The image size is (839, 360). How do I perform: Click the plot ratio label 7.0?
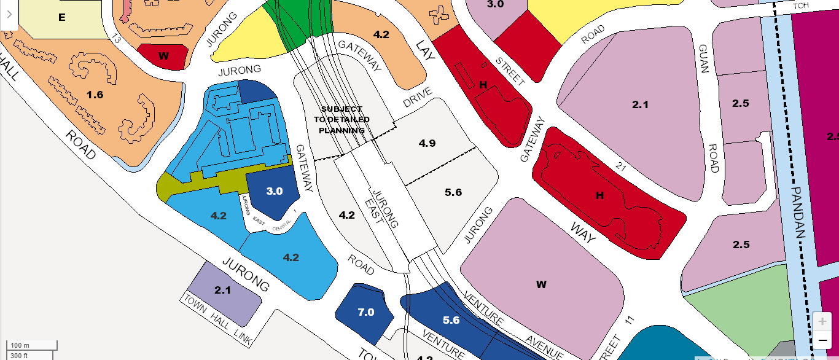(x=365, y=312)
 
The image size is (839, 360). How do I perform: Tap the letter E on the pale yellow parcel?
(x=61, y=17)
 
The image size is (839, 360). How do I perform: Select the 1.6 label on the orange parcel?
(x=95, y=95)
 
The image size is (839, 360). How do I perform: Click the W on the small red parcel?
(x=163, y=56)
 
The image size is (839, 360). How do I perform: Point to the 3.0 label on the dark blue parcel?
(x=274, y=191)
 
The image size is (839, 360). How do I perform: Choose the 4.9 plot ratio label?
(x=427, y=143)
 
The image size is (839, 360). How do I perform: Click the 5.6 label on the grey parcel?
(x=453, y=192)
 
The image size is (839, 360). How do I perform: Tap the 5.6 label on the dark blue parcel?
(x=451, y=320)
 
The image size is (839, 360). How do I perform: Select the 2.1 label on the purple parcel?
(x=222, y=290)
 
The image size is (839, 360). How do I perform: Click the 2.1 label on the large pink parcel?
(x=640, y=105)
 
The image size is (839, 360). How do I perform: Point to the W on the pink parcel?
(x=541, y=284)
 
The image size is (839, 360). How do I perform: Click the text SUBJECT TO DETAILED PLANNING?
(x=341, y=120)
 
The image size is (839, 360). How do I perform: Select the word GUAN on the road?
(x=704, y=58)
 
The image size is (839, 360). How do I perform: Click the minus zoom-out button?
(x=822, y=340)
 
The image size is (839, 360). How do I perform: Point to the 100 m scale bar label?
(x=20, y=345)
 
